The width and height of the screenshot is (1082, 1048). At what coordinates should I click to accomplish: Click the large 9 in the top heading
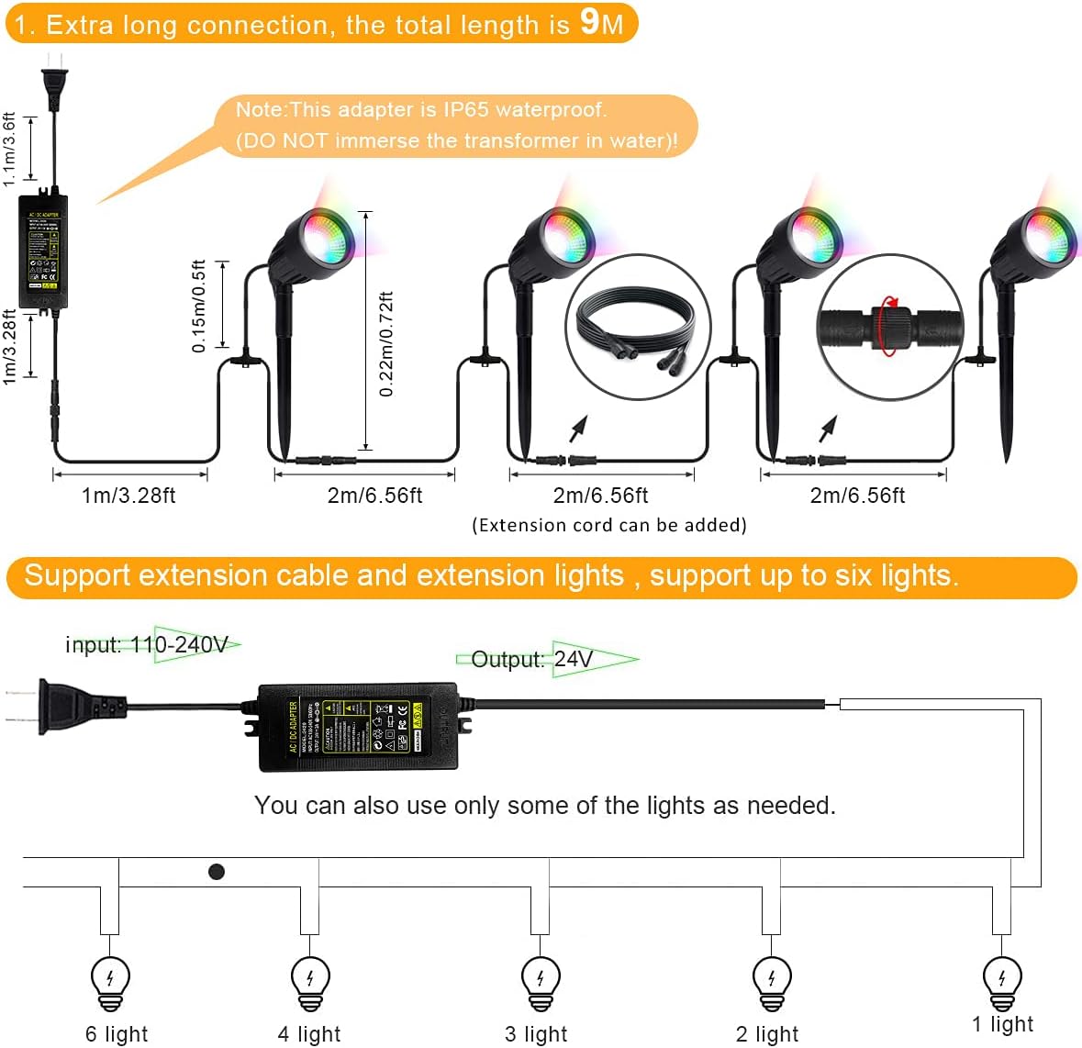590,22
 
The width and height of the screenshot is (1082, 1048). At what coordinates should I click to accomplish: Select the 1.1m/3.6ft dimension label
9,149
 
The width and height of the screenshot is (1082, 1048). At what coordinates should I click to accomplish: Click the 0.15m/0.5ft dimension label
198,307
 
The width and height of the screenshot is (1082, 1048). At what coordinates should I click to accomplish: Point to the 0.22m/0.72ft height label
386,344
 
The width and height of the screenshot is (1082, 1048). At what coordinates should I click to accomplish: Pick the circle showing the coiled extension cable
638,328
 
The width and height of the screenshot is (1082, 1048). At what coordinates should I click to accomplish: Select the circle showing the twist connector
889,328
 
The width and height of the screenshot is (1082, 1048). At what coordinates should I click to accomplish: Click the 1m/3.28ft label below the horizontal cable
128,496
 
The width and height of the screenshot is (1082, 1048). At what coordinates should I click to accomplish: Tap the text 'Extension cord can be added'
609,525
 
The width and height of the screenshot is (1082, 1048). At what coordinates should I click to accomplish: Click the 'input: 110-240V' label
147,645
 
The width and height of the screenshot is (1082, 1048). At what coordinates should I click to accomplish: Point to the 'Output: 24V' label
532,659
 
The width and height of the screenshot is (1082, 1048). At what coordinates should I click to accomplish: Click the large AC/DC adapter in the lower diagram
358,726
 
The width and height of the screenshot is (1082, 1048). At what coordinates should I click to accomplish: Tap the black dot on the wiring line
217,872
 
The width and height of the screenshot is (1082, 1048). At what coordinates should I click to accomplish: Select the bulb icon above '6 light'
111,980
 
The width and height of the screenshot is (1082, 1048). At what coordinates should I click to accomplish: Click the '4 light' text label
309,1034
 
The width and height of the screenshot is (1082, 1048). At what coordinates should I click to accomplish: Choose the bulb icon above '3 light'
540,980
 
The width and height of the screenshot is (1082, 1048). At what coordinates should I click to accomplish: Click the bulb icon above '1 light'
1001,978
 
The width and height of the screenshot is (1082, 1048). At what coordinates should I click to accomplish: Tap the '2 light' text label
767,1034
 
